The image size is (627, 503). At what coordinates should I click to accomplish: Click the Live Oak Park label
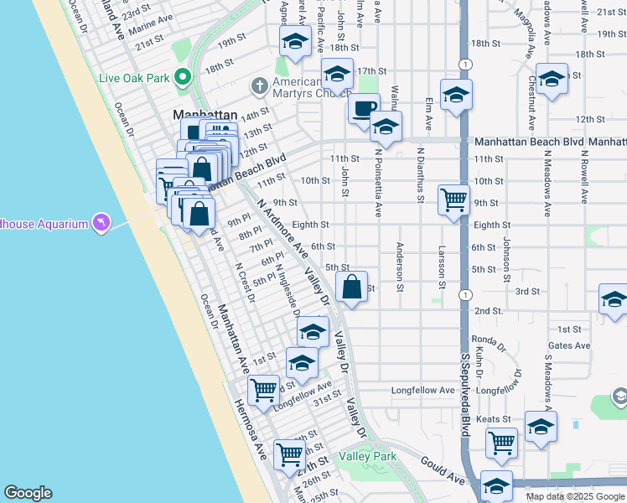(x=132, y=78)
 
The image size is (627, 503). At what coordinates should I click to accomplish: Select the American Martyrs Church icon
(x=260, y=86)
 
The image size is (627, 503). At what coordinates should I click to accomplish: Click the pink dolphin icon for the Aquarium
(x=101, y=222)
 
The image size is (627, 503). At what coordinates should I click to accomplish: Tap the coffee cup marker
(x=364, y=110)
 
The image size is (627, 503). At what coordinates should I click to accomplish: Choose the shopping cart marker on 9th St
(x=453, y=201)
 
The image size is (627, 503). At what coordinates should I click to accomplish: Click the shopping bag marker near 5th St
(x=353, y=288)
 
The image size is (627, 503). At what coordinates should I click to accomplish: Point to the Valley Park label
(x=367, y=457)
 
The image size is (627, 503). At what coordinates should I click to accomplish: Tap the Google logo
(x=28, y=493)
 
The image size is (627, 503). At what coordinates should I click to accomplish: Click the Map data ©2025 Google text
(x=574, y=496)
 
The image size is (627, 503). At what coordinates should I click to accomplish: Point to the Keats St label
(x=494, y=419)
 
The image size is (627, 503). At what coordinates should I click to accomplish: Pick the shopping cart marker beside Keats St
(x=502, y=441)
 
